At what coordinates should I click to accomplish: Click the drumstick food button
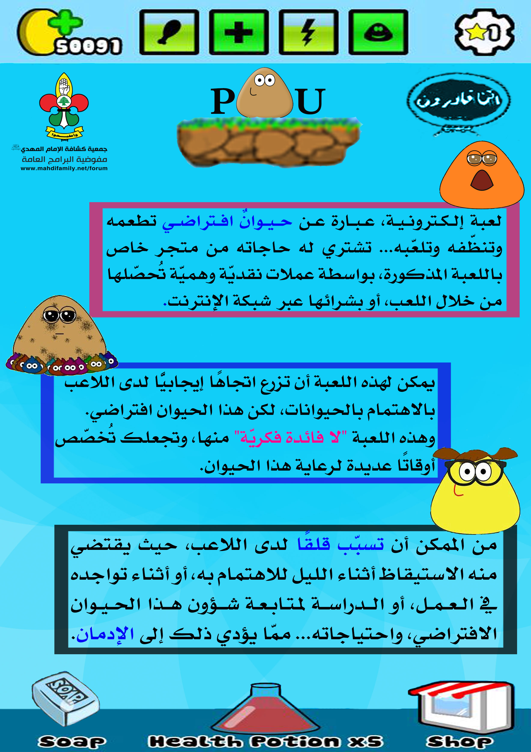coord(169,32)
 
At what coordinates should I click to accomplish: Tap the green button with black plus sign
coord(239,32)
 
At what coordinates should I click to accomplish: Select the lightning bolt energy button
coord(309,32)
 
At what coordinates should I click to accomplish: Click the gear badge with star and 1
coord(484,32)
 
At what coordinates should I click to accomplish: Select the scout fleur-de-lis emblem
coord(64,105)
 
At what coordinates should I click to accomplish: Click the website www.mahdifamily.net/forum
coord(64,168)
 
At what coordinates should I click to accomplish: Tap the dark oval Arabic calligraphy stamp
coord(458,100)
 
